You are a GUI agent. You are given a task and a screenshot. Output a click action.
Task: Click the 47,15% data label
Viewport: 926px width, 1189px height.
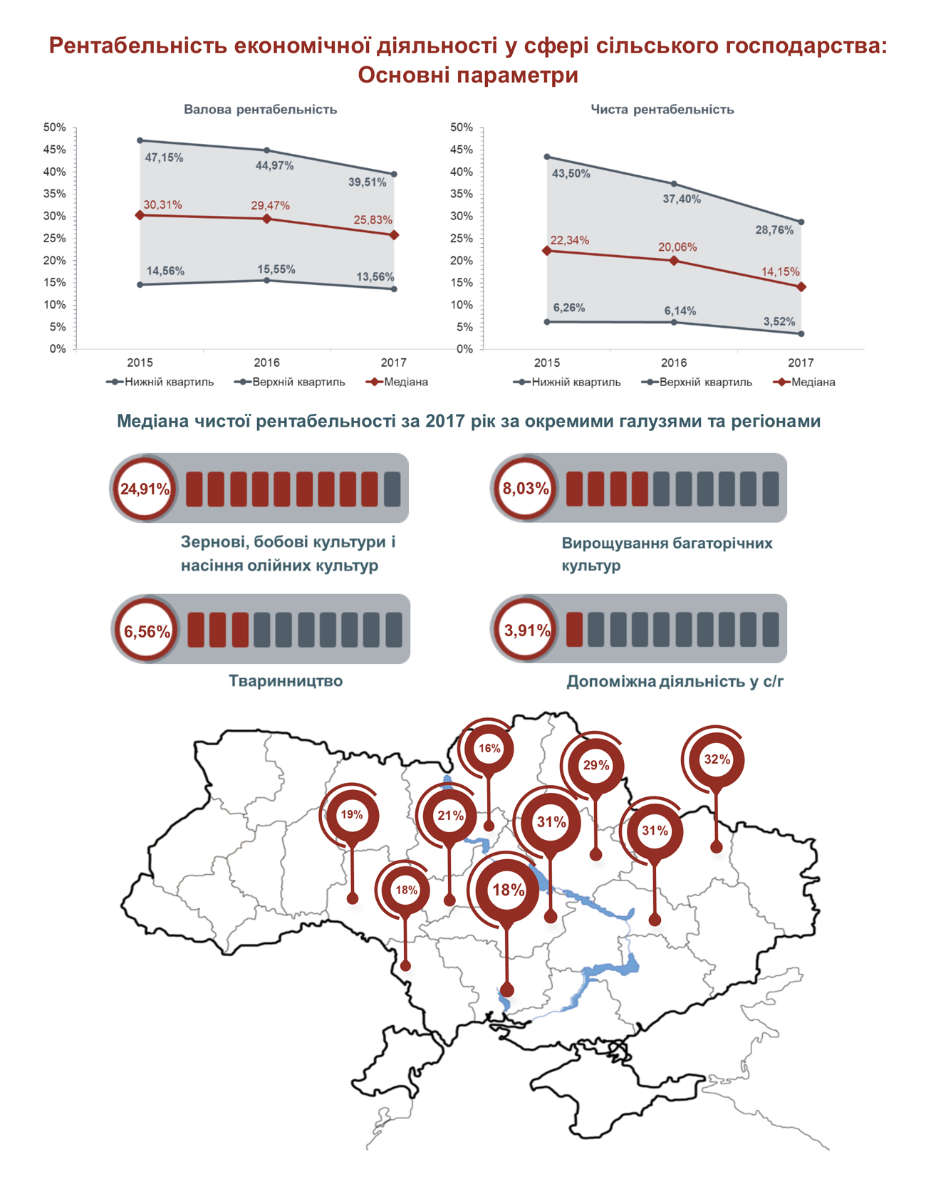[x=164, y=157]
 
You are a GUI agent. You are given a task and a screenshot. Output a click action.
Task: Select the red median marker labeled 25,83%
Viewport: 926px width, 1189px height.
[x=395, y=235]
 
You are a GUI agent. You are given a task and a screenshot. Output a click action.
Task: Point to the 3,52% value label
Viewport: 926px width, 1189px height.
[x=779, y=322]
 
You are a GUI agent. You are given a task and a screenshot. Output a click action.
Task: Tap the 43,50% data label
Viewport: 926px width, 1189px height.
[x=571, y=173]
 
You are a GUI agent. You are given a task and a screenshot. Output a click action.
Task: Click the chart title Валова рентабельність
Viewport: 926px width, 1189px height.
[x=260, y=110]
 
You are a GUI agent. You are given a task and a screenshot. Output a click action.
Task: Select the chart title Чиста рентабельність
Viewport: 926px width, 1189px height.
[x=662, y=110]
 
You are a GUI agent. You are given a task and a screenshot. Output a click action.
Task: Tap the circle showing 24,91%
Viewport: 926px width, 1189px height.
[x=145, y=489]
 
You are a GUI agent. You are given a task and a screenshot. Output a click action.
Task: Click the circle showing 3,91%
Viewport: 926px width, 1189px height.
[x=526, y=630]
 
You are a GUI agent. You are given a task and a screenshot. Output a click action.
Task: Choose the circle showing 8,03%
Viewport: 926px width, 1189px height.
[x=526, y=489]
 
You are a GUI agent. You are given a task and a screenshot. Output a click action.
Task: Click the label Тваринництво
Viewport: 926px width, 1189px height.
[x=286, y=681]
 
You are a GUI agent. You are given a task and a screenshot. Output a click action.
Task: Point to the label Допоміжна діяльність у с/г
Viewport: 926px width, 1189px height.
[x=675, y=682]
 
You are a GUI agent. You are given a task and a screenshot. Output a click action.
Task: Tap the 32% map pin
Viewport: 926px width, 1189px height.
[x=717, y=759]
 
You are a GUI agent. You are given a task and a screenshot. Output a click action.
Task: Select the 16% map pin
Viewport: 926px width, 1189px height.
[x=489, y=748]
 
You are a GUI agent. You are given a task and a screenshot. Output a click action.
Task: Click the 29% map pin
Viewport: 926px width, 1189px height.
[x=595, y=765]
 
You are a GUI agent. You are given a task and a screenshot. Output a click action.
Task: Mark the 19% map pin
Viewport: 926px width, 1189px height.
[x=352, y=814]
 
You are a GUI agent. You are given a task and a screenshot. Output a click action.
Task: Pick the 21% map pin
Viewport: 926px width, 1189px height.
[x=450, y=816]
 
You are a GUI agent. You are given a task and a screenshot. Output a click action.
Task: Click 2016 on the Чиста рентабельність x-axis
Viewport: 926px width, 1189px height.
[x=674, y=363]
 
